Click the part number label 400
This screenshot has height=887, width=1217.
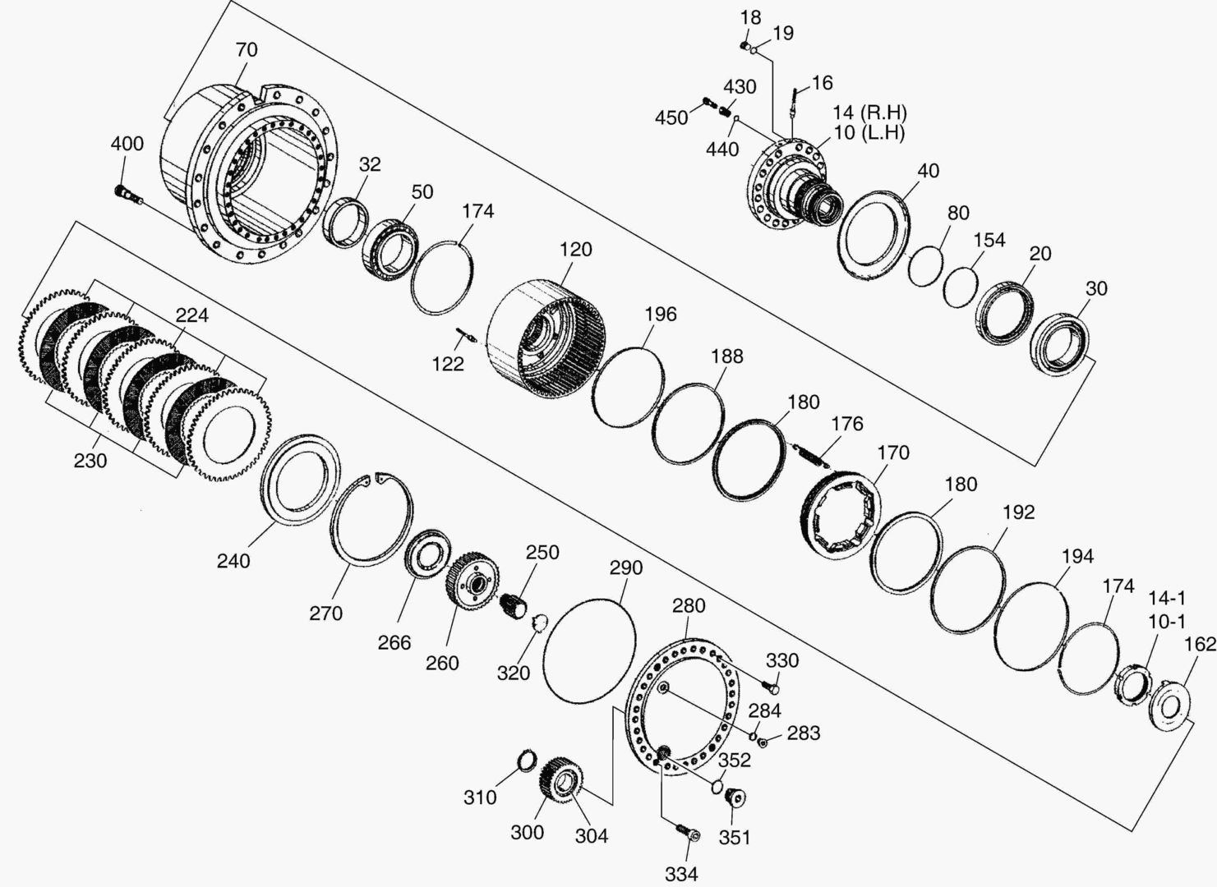point(127,144)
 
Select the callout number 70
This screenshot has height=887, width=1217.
point(247,50)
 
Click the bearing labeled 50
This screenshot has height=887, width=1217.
point(390,250)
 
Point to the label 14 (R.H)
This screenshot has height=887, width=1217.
point(870,113)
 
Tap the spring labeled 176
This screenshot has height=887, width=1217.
point(810,455)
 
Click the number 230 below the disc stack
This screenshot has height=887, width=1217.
point(90,461)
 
